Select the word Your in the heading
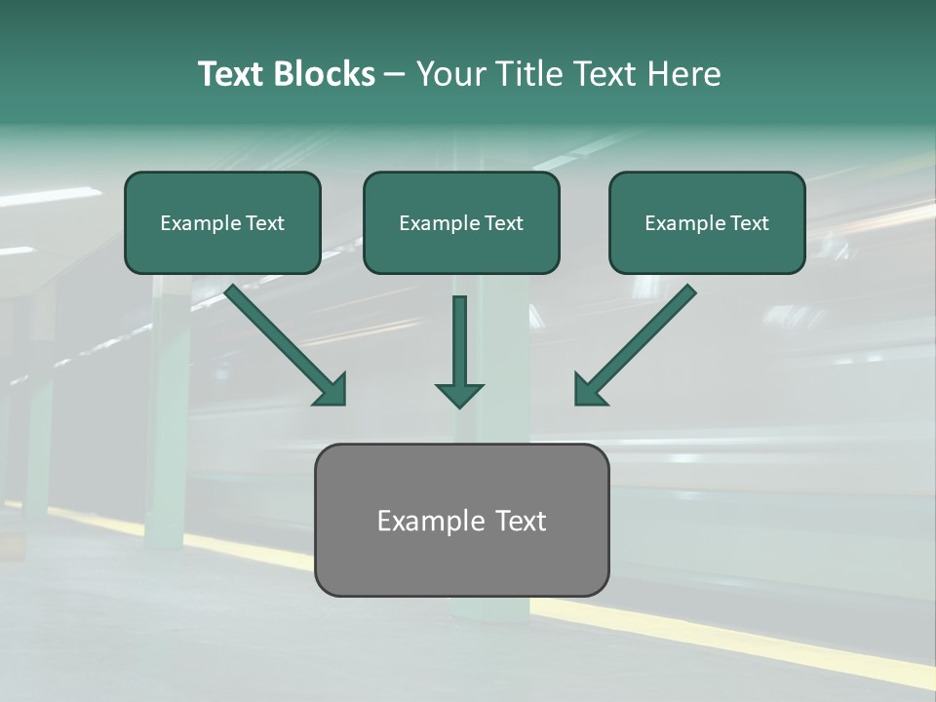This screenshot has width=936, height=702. [451, 74]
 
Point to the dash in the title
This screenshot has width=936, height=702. [395, 75]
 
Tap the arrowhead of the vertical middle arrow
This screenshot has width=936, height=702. [459, 394]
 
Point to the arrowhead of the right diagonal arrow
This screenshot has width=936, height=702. [589, 390]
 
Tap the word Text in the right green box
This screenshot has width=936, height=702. [749, 223]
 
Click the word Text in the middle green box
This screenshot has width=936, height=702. [503, 223]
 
